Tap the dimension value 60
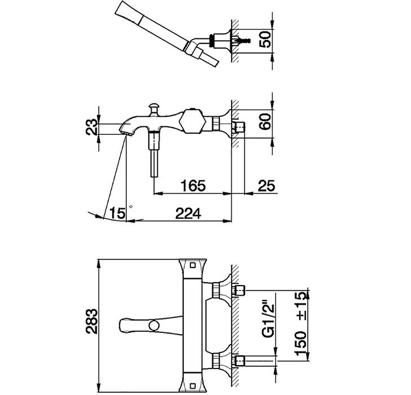point(266,121)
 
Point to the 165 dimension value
point(193,186)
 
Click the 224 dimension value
point(188,213)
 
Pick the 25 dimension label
point(267,186)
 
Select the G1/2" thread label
point(268,321)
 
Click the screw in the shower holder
point(243,41)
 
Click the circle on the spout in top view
point(154,326)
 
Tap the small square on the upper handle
point(193,265)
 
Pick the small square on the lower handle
point(193,386)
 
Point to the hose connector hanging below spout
point(154,155)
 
